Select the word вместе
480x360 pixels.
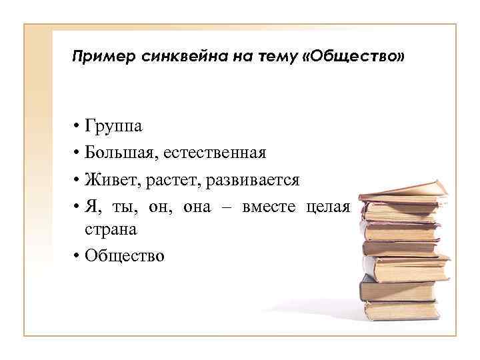tap(269, 207)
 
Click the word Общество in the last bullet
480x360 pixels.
tap(124, 255)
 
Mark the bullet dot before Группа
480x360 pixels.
tap(77, 127)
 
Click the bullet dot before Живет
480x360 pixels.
tap(77, 180)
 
